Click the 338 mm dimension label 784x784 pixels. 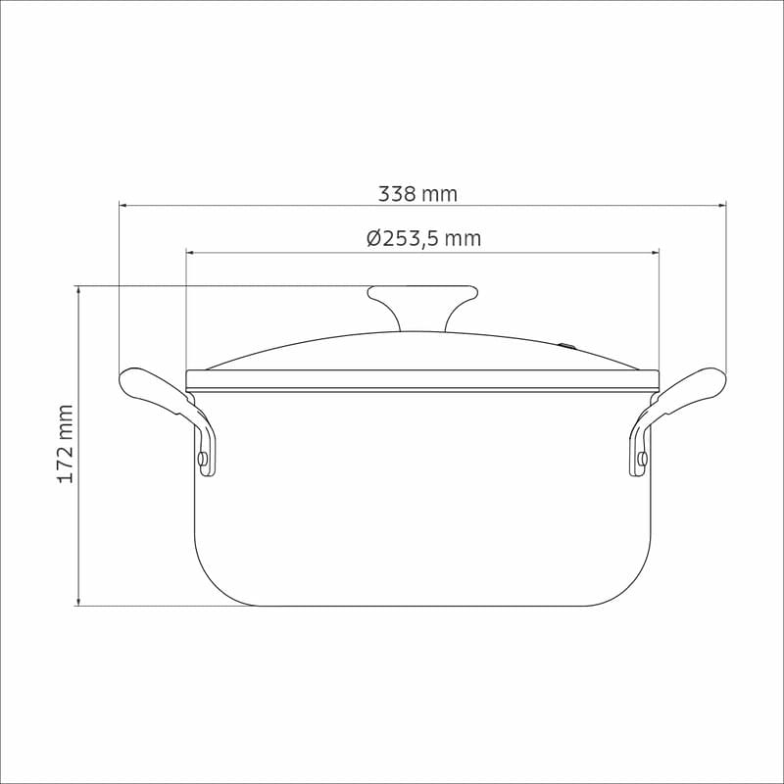click(x=417, y=193)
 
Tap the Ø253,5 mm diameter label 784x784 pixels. click(x=423, y=238)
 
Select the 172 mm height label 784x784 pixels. click(x=66, y=444)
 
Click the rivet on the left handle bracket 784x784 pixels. click(x=203, y=458)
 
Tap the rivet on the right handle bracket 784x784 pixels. click(x=642, y=458)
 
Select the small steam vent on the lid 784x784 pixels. click(x=567, y=345)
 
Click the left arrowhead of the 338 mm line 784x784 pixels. click(x=123, y=205)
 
